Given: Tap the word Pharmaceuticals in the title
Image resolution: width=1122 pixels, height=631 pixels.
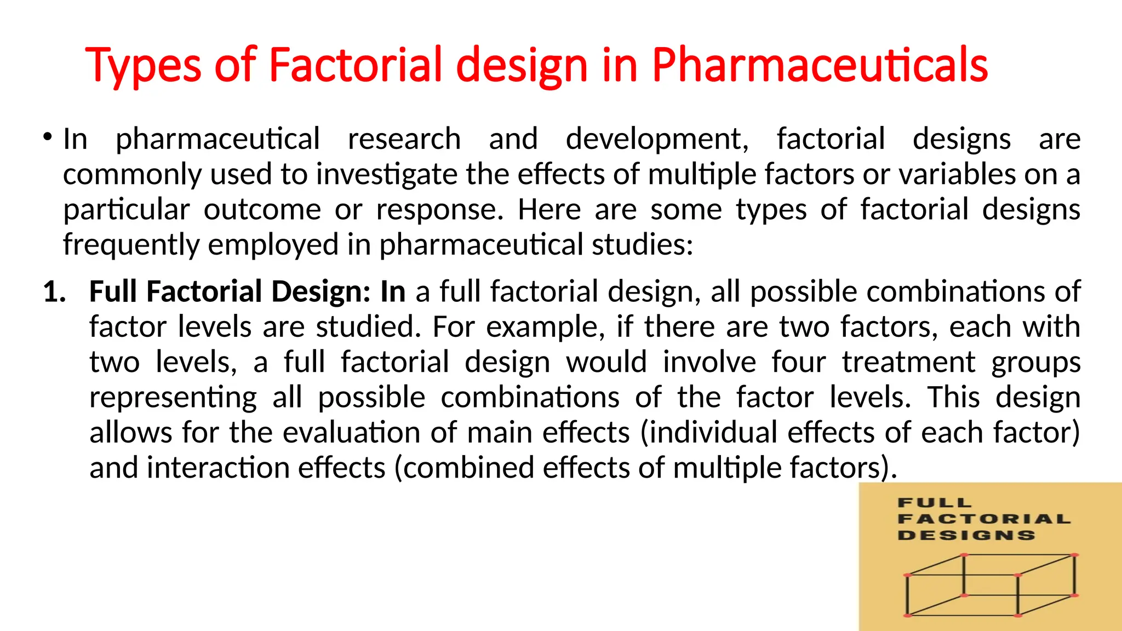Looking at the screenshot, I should [820, 66].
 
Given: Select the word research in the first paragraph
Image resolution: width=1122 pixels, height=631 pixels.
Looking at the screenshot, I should [404, 139].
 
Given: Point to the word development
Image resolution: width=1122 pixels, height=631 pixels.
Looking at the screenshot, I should [656, 139].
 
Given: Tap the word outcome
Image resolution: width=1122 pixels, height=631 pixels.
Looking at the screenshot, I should [262, 209].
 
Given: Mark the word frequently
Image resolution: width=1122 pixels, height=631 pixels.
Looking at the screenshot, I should [131, 245].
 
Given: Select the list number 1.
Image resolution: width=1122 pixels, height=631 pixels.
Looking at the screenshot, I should [54, 291].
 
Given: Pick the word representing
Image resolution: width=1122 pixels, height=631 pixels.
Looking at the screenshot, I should [173, 397].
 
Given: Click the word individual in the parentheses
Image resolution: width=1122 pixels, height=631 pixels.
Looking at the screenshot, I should [711, 432].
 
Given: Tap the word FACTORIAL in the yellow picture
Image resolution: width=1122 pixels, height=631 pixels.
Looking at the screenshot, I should [984, 519].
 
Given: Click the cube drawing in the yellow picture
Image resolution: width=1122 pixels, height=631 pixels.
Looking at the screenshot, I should [991, 586].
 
